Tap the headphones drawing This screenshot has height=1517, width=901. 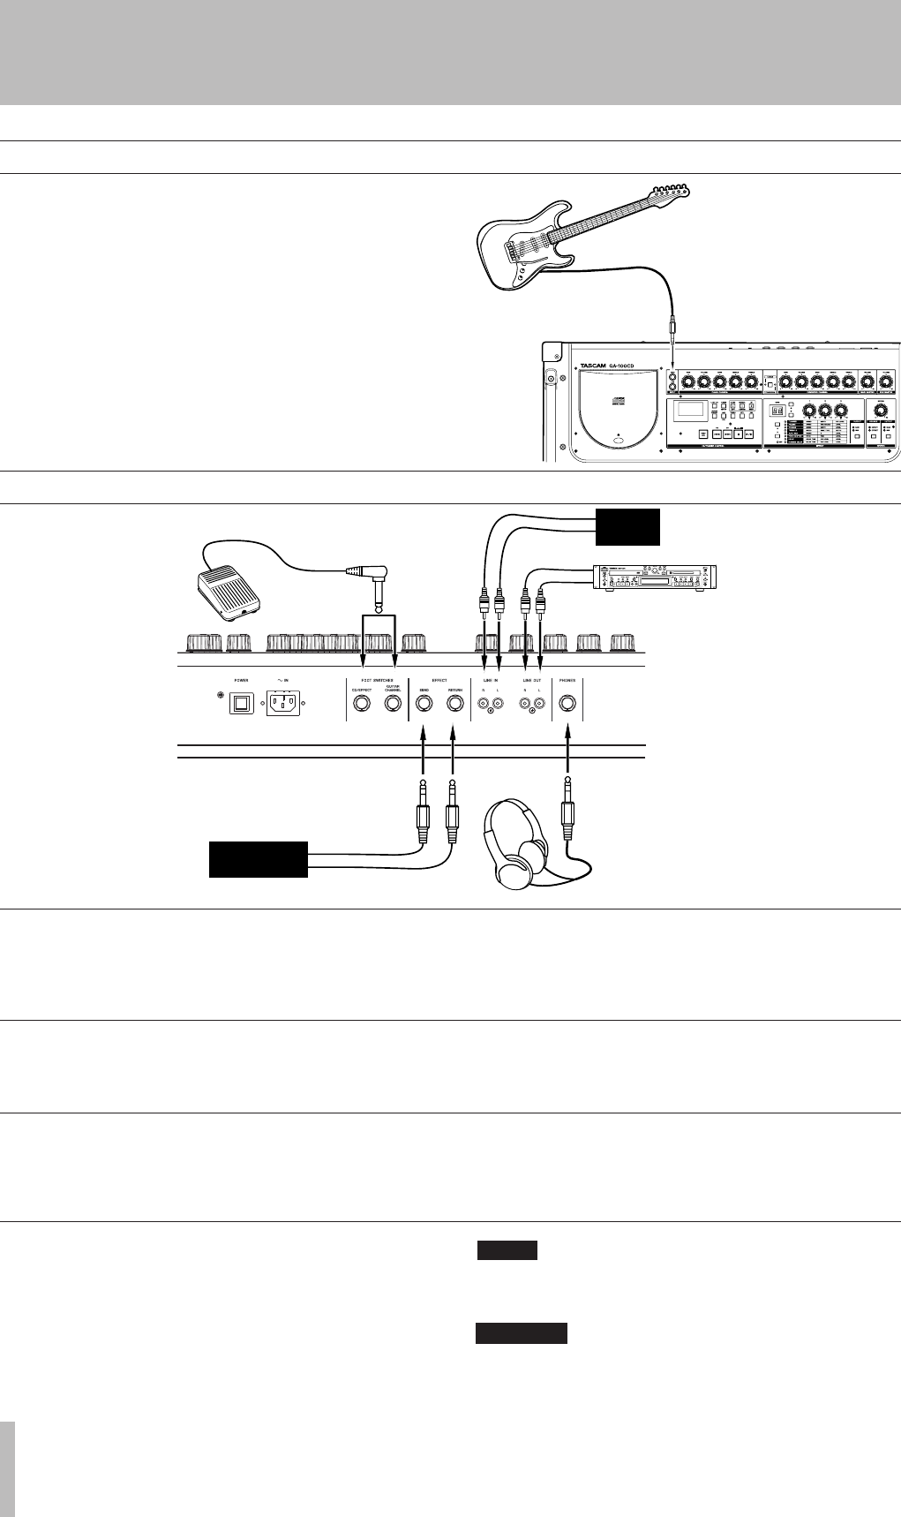[x=517, y=842]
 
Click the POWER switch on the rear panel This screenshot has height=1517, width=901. [x=240, y=704]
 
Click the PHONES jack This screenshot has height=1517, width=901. [x=567, y=704]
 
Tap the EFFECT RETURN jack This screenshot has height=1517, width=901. [x=454, y=704]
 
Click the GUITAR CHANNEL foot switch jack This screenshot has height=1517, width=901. [x=394, y=704]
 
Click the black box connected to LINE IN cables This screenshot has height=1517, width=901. [x=627, y=527]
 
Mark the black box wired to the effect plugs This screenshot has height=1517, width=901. [x=258, y=859]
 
